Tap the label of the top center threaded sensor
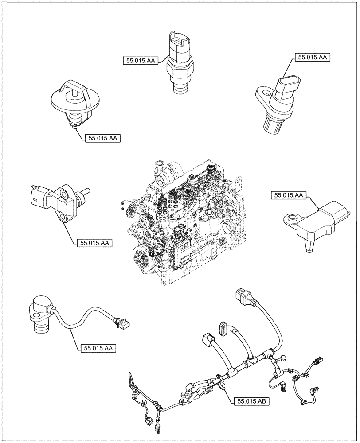click(140, 62)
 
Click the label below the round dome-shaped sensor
click(102, 139)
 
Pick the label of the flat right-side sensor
click(289, 195)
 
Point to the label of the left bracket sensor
click(95, 243)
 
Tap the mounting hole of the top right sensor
click(264, 93)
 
